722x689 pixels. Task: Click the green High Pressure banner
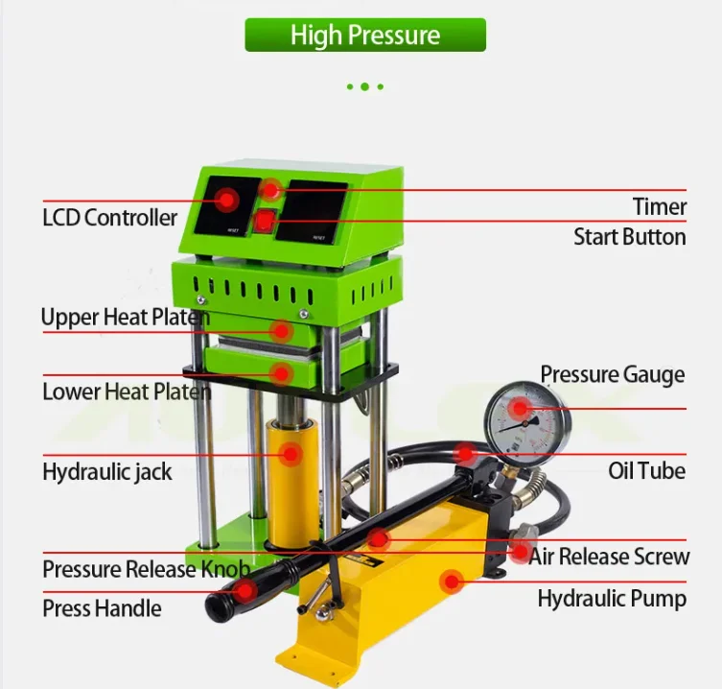(x=365, y=36)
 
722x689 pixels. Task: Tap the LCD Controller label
(x=109, y=217)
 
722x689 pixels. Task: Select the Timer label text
(x=659, y=206)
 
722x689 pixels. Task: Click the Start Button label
(x=629, y=237)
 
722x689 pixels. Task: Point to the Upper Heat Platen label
(x=125, y=317)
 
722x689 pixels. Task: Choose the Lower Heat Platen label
(x=126, y=392)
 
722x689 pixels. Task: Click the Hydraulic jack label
(x=107, y=471)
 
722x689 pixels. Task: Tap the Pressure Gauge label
(x=612, y=374)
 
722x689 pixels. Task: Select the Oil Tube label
(x=646, y=470)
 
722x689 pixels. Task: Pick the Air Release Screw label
(x=609, y=557)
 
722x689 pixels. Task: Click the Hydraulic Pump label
(x=611, y=599)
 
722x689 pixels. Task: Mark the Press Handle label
(x=102, y=608)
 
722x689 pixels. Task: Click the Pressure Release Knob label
(x=146, y=569)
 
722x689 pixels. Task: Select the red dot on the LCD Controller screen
(x=227, y=200)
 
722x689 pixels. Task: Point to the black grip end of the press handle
(x=231, y=596)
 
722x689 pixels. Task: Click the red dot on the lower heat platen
(x=281, y=370)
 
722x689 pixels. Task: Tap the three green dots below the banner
(x=365, y=86)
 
